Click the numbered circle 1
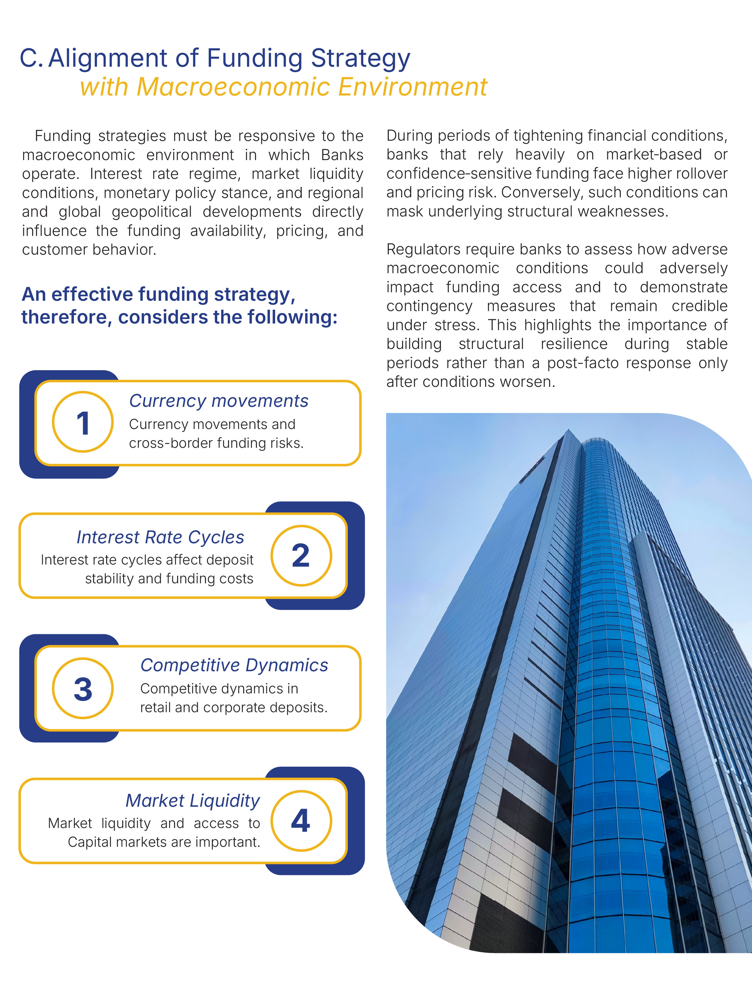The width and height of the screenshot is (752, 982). tap(83, 422)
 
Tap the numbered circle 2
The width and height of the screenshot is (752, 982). tap(301, 555)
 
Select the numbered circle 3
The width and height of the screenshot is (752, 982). tap(83, 688)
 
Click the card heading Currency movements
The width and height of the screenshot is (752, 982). tap(218, 401)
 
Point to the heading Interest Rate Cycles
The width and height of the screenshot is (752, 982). tap(160, 537)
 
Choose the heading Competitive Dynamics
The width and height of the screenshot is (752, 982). tap(234, 665)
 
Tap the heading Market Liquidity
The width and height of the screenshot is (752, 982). tap(193, 800)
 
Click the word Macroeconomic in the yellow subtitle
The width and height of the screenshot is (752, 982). tap(234, 87)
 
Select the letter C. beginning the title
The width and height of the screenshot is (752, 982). tap(31, 59)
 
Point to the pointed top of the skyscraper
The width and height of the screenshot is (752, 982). tap(569, 431)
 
